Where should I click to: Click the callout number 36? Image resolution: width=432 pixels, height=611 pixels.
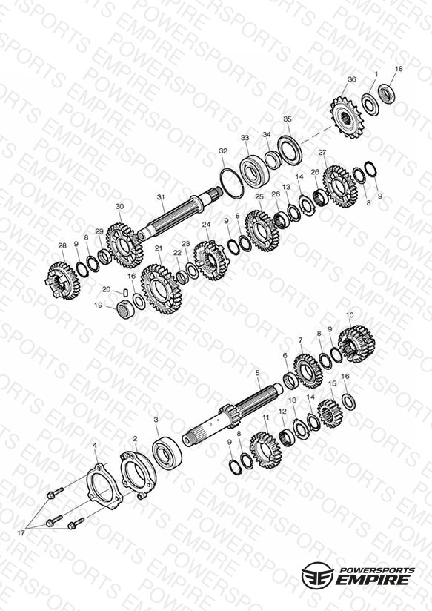[x=351, y=79]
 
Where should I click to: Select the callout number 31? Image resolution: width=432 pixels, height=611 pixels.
[x=161, y=197]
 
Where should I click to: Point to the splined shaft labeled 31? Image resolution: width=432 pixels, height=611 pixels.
[x=179, y=215]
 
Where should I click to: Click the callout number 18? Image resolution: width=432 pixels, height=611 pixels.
[x=399, y=69]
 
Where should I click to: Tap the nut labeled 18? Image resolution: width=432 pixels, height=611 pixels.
[x=386, y=93]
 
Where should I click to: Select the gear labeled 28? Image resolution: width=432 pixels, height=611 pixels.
[x=63, y=280]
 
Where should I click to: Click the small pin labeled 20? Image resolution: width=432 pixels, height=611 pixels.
[x=126, y=292]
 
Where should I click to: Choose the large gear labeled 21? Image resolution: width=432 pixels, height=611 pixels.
[x=161, y=289]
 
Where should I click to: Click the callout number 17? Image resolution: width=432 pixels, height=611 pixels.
[x=21, y=532]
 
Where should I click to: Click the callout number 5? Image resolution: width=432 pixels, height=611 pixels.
[x=257, y=373]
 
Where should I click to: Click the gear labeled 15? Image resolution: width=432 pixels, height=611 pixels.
[x=330, y=414]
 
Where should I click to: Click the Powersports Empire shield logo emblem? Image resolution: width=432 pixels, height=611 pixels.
[x=317, y=575]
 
